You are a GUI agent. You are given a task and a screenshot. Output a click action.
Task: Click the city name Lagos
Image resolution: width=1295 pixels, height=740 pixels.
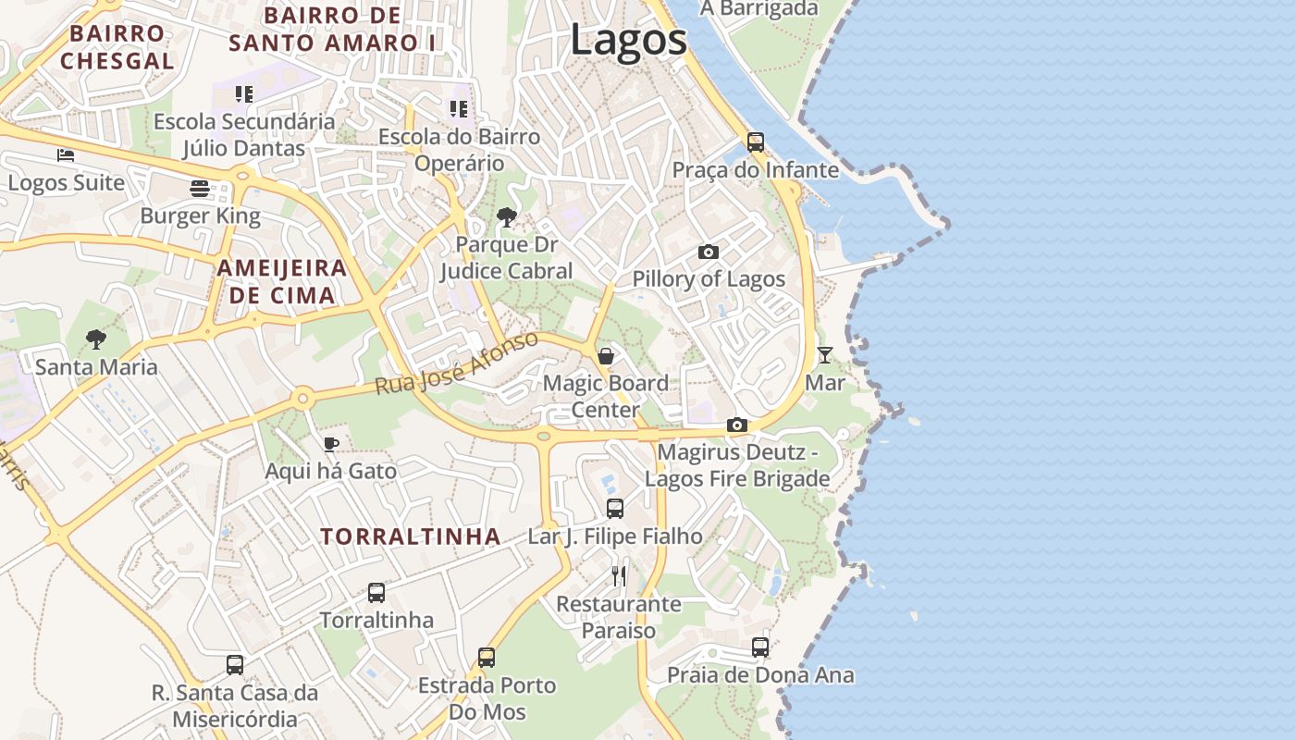(628, 40)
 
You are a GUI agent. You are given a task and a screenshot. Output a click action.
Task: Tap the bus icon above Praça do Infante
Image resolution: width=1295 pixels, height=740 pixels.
(756, 142)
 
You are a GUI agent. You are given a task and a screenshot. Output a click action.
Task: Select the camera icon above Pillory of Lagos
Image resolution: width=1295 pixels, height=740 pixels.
(709, 252)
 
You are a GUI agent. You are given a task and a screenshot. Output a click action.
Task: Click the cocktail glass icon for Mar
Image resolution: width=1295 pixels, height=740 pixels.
(824, 355)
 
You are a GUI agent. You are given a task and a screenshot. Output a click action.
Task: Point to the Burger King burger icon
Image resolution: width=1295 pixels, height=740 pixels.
(201, 189)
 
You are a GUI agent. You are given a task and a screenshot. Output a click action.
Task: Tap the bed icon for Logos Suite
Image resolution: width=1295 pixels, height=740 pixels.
(66, 154)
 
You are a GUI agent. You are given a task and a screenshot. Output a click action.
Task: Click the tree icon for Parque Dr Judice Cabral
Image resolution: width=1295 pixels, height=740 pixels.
(506, 217)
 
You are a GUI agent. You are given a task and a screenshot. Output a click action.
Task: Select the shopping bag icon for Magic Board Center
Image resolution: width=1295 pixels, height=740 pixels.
(606, 356)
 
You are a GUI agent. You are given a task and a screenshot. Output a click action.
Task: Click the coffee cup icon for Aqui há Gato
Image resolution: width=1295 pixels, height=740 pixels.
(331, 444)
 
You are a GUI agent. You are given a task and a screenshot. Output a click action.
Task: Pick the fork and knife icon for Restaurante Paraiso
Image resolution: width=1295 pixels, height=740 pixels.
(619, 576)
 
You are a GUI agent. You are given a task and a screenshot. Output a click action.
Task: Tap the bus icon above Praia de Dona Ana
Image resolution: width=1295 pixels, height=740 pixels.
(760, 647)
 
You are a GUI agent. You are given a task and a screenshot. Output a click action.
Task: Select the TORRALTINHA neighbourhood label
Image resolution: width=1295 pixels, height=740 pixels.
(411, 536)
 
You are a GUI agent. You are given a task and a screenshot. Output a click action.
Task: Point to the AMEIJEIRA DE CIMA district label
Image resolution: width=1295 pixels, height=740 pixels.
(282, 282)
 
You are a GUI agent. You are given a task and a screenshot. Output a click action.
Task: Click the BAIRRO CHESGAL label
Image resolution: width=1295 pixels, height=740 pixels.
(117, 47)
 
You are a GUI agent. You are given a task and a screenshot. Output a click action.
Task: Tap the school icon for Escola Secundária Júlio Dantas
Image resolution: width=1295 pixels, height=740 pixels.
(244, 93)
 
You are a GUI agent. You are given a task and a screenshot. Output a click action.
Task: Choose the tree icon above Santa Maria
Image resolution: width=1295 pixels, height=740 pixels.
(96, 339)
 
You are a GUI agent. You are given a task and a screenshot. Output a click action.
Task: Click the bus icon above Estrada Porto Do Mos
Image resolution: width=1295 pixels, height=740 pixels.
(487, 658)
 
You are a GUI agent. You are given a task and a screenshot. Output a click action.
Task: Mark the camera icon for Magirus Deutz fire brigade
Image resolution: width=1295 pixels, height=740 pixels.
(737, 425)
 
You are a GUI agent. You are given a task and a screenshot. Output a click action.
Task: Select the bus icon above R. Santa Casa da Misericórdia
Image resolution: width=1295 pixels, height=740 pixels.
(235, 664)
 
